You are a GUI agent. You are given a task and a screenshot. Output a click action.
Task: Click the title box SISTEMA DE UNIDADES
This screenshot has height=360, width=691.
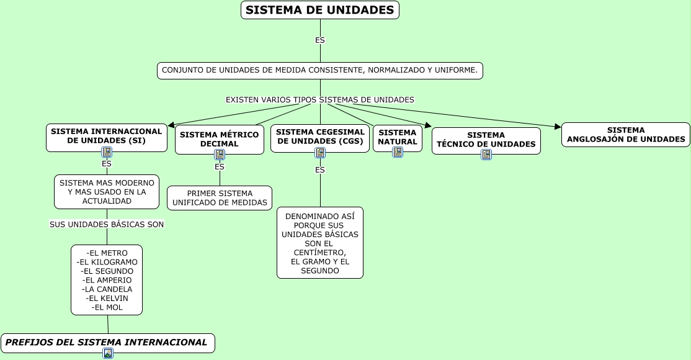(x=319, y=10)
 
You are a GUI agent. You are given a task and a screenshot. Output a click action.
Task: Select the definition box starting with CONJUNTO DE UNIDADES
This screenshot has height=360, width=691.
(x=319, y=70)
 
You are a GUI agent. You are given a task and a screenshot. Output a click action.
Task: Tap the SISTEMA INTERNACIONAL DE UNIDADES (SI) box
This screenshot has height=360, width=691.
(x=106, y=136)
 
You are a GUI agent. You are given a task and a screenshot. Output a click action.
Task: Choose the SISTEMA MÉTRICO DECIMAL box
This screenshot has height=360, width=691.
(x=219, y=139)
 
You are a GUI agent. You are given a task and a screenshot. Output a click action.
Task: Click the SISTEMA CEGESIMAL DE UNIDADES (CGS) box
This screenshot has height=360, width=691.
(x=320, y=137)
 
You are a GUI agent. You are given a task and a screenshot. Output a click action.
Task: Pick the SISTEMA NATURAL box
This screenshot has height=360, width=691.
(x=397, y=137)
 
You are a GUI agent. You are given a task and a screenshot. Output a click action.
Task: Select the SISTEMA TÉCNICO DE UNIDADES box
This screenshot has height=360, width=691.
(x=486, y=140)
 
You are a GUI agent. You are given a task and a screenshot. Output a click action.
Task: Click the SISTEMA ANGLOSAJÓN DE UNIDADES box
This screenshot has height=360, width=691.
(x=625, y=135)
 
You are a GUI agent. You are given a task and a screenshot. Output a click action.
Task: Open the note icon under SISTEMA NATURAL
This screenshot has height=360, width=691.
(x=398, y=151)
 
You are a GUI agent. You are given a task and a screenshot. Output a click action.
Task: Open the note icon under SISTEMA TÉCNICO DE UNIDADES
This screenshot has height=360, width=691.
(x=486, y=154)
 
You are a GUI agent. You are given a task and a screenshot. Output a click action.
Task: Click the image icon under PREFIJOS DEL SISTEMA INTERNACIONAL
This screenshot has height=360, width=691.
(x=108, y=353)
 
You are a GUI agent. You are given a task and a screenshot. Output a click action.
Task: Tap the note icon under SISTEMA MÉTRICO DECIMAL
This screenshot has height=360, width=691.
(x=220, y=155)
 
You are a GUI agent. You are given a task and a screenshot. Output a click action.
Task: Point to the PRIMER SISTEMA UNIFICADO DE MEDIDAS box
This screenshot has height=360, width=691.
(x=220, y=198)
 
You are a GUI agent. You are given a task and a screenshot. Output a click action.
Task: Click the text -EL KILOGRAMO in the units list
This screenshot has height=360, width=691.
(x=107, y=262)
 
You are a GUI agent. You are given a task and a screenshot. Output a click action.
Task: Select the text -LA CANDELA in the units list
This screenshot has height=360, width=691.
(x=107, y=289)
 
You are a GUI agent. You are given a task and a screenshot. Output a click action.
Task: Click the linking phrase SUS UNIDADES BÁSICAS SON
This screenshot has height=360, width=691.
(x=107, y=224)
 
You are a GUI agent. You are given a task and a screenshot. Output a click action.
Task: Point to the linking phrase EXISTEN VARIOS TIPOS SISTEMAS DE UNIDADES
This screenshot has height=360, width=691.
(x=319, y=99)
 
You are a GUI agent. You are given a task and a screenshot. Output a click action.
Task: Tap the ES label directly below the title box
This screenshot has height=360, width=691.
(x=320, y=40)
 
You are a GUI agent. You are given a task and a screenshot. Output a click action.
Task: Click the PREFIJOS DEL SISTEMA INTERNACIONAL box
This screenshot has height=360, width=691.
(x=107, y=343)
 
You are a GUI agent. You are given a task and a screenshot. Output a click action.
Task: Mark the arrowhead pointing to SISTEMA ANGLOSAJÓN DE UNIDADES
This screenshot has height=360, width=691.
(x=558, y=127)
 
